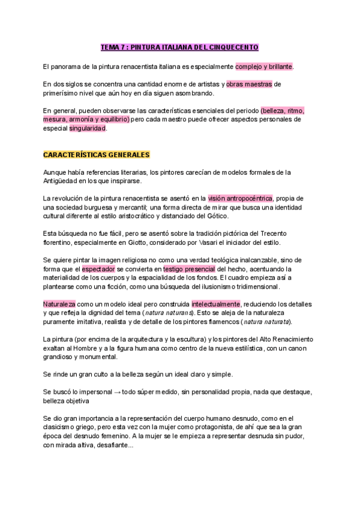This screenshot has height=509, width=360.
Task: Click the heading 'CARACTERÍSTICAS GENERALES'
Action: [x=96, y=154]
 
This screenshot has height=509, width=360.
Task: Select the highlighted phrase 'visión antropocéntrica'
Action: [x=240, y=198]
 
